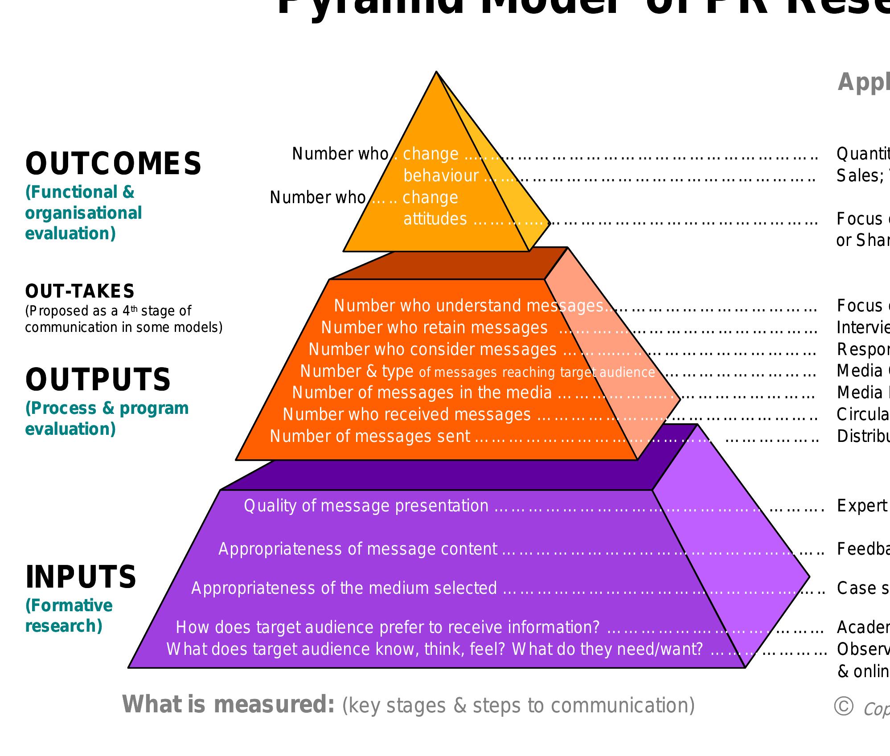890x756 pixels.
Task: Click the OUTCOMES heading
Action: pyautogui.click(x=113, y=163)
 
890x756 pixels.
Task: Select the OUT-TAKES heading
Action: pyautogui.click(x=80, y=291)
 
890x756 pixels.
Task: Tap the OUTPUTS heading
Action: pyautogui.click(x=98, y=380)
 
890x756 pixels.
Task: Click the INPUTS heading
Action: pyautogui.click(x=81, y=577)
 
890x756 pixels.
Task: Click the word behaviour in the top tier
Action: pyautogui.click(x=441, y=176)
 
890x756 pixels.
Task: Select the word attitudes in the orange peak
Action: pyautogui.click(x=435, y=219)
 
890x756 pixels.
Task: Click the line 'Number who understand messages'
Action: pyautogui.click(x=468, y=306)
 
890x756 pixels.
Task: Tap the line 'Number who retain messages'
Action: pyautogui.click(x=434, y=328)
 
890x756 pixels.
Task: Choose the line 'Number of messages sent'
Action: pyautogui.click(x=370, y=436)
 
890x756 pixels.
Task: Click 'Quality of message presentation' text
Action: pyautogui.click(x=366, y=506)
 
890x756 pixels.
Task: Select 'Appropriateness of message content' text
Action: pyautogui.click(x=357, y=549)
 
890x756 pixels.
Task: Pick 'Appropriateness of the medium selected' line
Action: pyautogui.click(x=344, y=588)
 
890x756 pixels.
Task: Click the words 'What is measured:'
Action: pyautogui.click(x=228, y=704)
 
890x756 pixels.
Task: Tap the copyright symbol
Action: pyautogui.click(x=843, y=706)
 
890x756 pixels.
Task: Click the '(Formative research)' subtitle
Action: pyautogui.click(x=69, y=616)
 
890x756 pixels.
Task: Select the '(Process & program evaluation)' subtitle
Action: pyautogui.click(x=107, y=419)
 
